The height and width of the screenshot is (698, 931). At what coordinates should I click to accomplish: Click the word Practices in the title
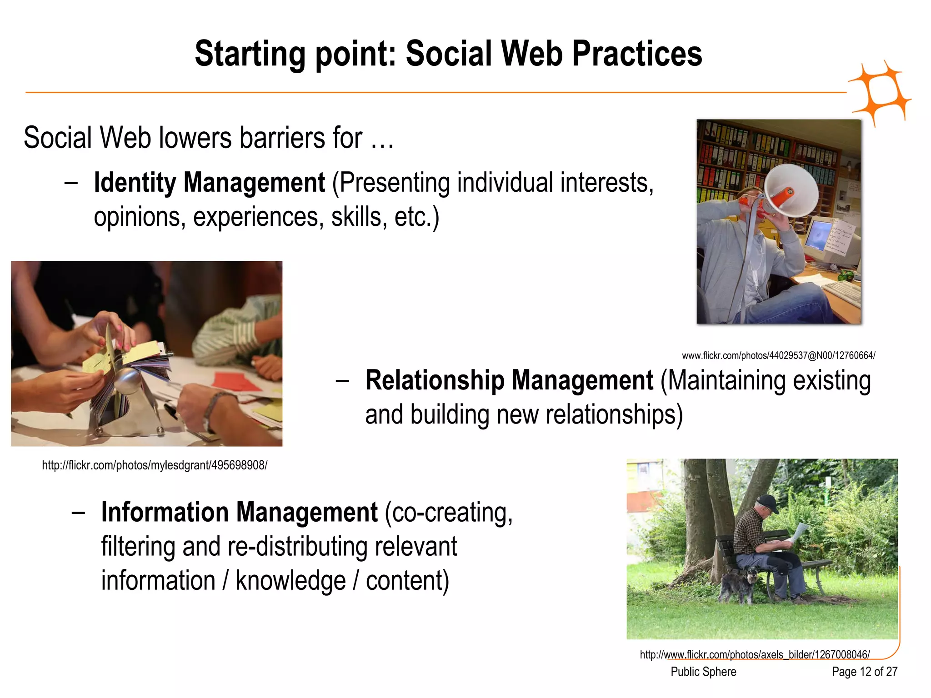pyautogui.click(x=636, y=54)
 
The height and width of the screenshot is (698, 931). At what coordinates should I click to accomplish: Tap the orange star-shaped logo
pyautogui.click(x=880, y=93)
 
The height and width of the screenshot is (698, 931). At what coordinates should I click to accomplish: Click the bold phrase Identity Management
pyautogui.click(x=209, y=183)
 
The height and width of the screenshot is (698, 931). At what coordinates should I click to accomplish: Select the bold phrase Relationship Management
pyautogui.click(x=509, y=380)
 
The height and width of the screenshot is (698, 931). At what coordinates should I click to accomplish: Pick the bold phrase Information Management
pyautogui.click(x=239, y=512)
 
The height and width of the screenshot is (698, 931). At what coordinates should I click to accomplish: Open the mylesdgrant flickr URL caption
pyautogui.click(x=155, y=465)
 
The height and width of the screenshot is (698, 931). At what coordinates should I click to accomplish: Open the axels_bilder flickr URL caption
pyautogui.click(x=755, y=655)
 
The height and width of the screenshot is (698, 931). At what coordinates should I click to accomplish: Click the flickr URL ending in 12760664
pyautogui.click(x=778, y=355)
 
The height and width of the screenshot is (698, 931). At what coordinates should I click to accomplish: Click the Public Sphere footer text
pyautogui.click(x=703, y=672)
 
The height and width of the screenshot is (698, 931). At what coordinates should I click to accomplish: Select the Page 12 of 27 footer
pyautogui.click(x=864, y=672)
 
